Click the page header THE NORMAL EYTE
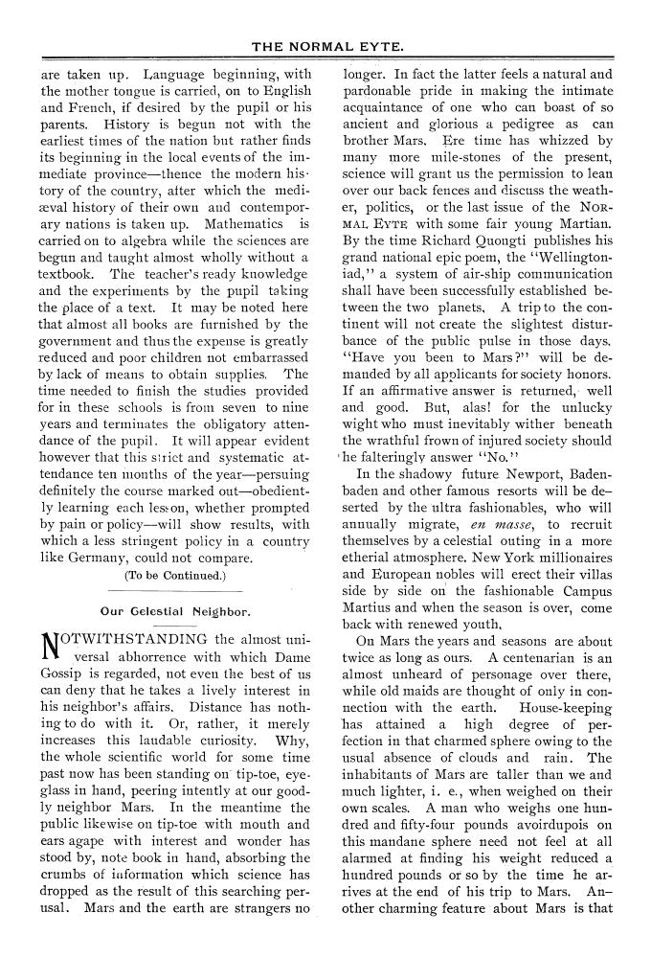click(x=325, y=44)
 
